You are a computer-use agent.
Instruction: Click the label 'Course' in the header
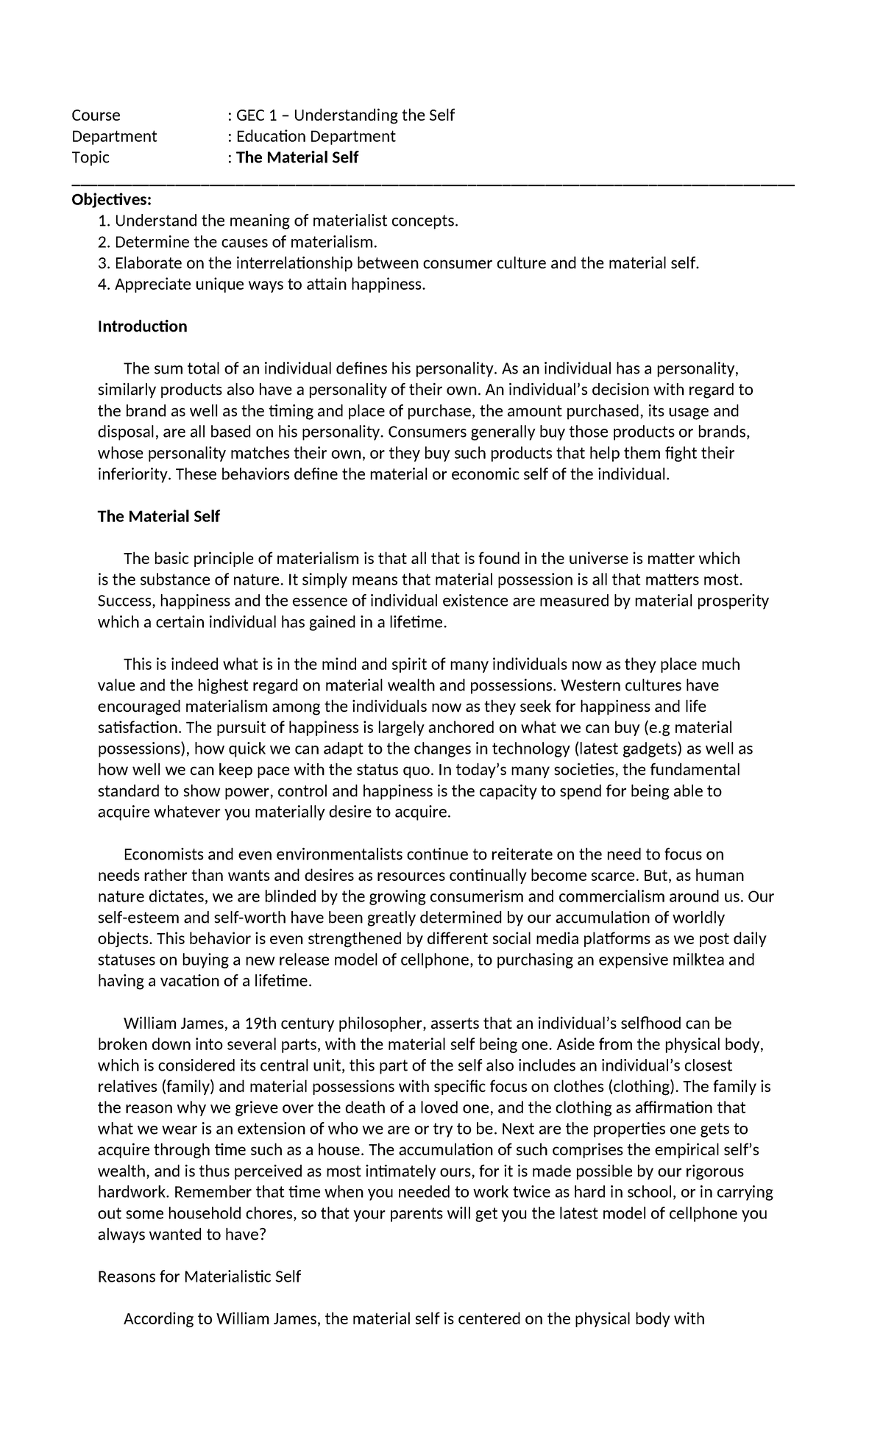pos(96,115)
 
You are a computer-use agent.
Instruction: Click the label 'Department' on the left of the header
pos(114,137)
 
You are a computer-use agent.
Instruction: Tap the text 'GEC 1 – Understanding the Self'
pos(344,115)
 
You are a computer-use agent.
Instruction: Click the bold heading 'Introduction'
pos(142,326)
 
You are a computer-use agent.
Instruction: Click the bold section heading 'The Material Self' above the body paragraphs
pos(158,517)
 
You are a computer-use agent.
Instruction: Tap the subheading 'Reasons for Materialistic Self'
pos(199,1277)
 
